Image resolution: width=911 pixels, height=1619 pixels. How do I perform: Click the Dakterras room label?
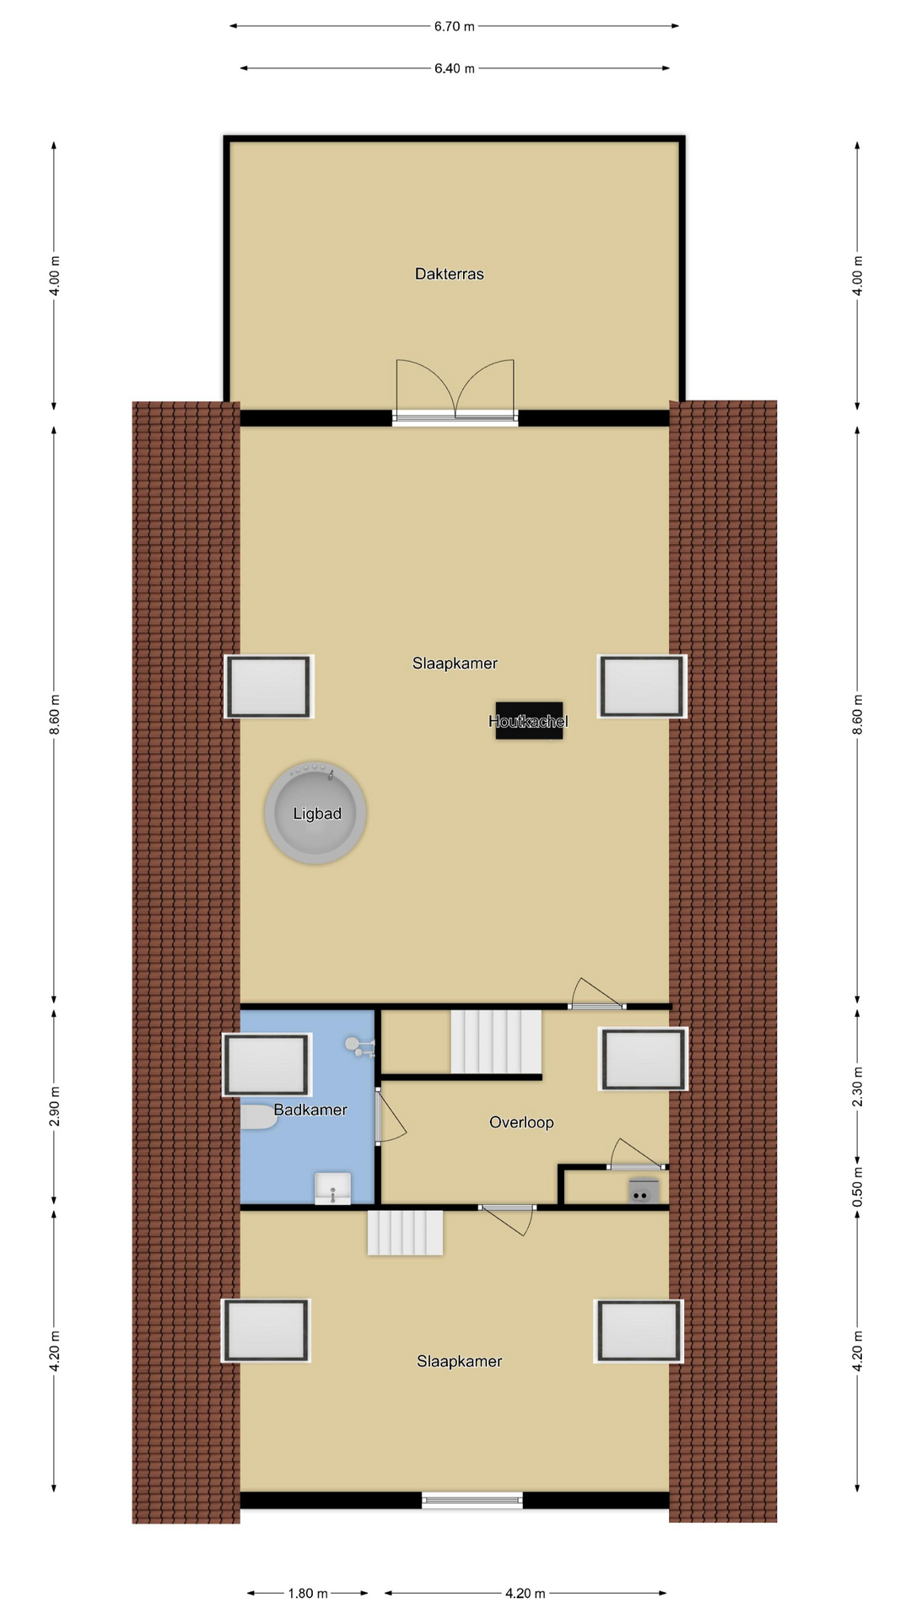click(449, 274)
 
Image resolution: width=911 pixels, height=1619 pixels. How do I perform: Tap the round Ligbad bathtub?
click(315, 813)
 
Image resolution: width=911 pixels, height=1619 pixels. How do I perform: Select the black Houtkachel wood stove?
click(529, 721)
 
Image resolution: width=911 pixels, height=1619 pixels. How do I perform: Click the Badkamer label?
click(310, 1110)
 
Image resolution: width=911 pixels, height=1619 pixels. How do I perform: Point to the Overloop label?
click(521, 1122)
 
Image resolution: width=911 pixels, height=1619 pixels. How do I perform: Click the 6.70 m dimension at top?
click(454, 26)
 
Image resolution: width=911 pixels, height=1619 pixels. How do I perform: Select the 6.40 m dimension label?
click(454, 68)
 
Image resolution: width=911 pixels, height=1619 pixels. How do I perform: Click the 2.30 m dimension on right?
click(858, 1087)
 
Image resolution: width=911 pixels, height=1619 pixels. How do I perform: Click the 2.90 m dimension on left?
click(55, 1106)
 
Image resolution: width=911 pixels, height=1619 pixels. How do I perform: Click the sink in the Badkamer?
click(332, 1188)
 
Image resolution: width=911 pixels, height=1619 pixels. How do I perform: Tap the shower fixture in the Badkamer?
click(359, 1046)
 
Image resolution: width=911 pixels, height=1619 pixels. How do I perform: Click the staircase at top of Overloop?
click(496, 1042)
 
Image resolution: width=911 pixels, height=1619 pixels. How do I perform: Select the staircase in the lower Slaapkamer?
click(405, 1233)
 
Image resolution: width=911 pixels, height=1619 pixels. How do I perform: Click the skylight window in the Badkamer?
click(267, 1065)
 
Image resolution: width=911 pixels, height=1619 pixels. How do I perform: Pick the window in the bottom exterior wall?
click(472, 1500)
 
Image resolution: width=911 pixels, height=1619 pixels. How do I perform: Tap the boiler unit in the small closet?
click(643, 1192)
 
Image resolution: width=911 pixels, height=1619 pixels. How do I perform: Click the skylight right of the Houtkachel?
click(642, 686)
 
